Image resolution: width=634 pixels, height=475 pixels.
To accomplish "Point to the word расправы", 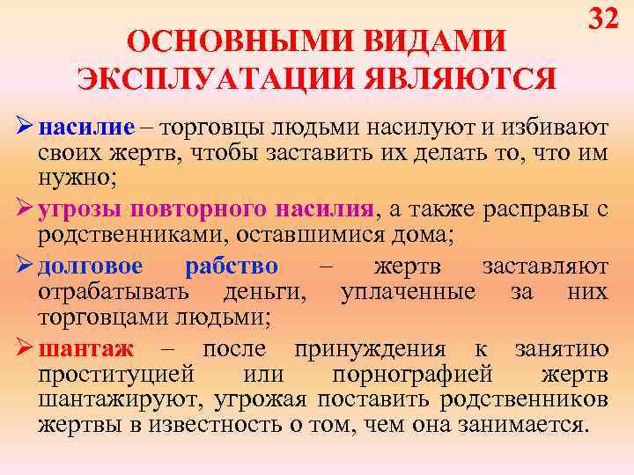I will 538,211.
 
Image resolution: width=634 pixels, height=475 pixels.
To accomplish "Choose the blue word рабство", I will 232,267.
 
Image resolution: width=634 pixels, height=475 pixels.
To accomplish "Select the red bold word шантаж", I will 85,349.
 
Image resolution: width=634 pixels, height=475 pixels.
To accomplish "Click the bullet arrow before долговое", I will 24,267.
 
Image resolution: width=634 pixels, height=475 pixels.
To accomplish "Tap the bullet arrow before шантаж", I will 24,349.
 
